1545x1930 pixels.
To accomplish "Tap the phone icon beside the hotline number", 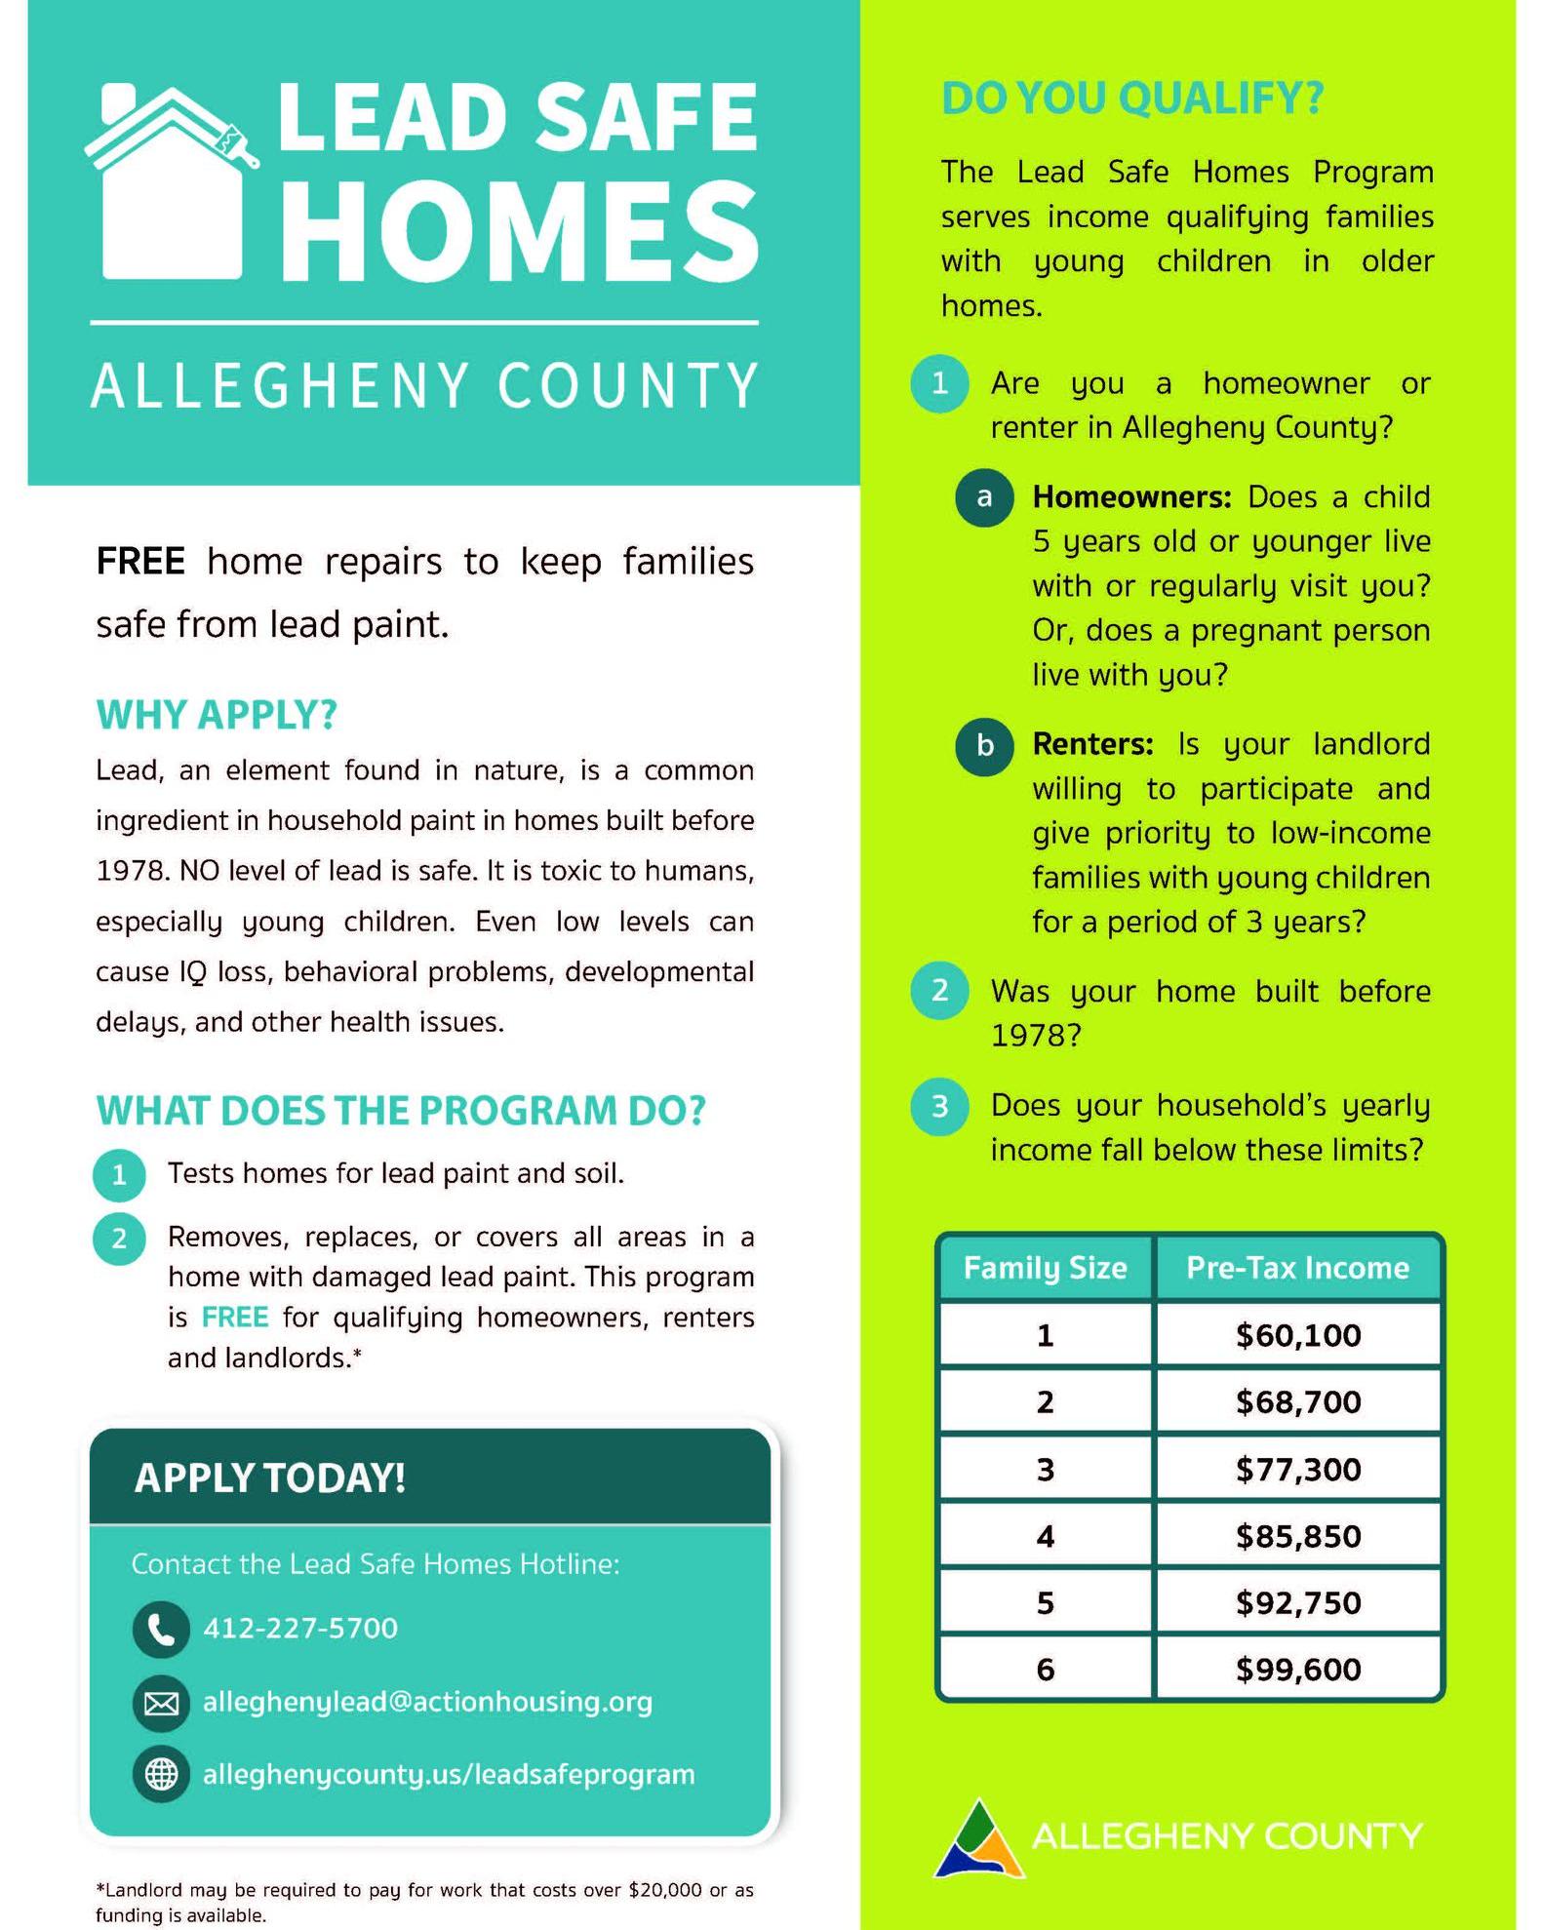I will (x=161, y=1629).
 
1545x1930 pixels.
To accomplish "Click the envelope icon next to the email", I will (x=161, y=1703).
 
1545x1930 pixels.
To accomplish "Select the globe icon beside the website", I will (x=161, y=1774).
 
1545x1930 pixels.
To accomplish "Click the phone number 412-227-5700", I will (x=300, y=1629).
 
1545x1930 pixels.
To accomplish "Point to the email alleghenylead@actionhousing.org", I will (x=427, y=1702).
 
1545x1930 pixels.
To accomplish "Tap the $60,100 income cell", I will (x=1297, y=1335).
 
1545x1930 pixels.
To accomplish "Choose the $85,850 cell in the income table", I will (x=1297, y=1536).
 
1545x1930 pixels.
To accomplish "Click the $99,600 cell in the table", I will (x=1297, y=1669).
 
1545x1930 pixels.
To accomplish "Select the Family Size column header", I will (x=1045, y=1268).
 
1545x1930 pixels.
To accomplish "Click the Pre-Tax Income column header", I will (x=1297, y=1268).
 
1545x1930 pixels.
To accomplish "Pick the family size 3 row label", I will (x=1045, y=1469).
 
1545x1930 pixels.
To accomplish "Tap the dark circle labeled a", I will (x=984, y=497).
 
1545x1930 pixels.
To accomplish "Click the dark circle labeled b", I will (x=984, y=746).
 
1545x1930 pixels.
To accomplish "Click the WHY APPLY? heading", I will (x=217, y=715).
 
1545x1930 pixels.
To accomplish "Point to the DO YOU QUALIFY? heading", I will (x=1132, y=98).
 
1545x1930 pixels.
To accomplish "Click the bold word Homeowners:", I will (x=1132, y=497).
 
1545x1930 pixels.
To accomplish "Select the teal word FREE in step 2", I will (x=234, y=1318).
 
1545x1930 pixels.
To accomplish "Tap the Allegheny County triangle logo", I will (x=979, y=1839).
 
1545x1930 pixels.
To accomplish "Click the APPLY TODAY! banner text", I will (x=270, y=1477).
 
